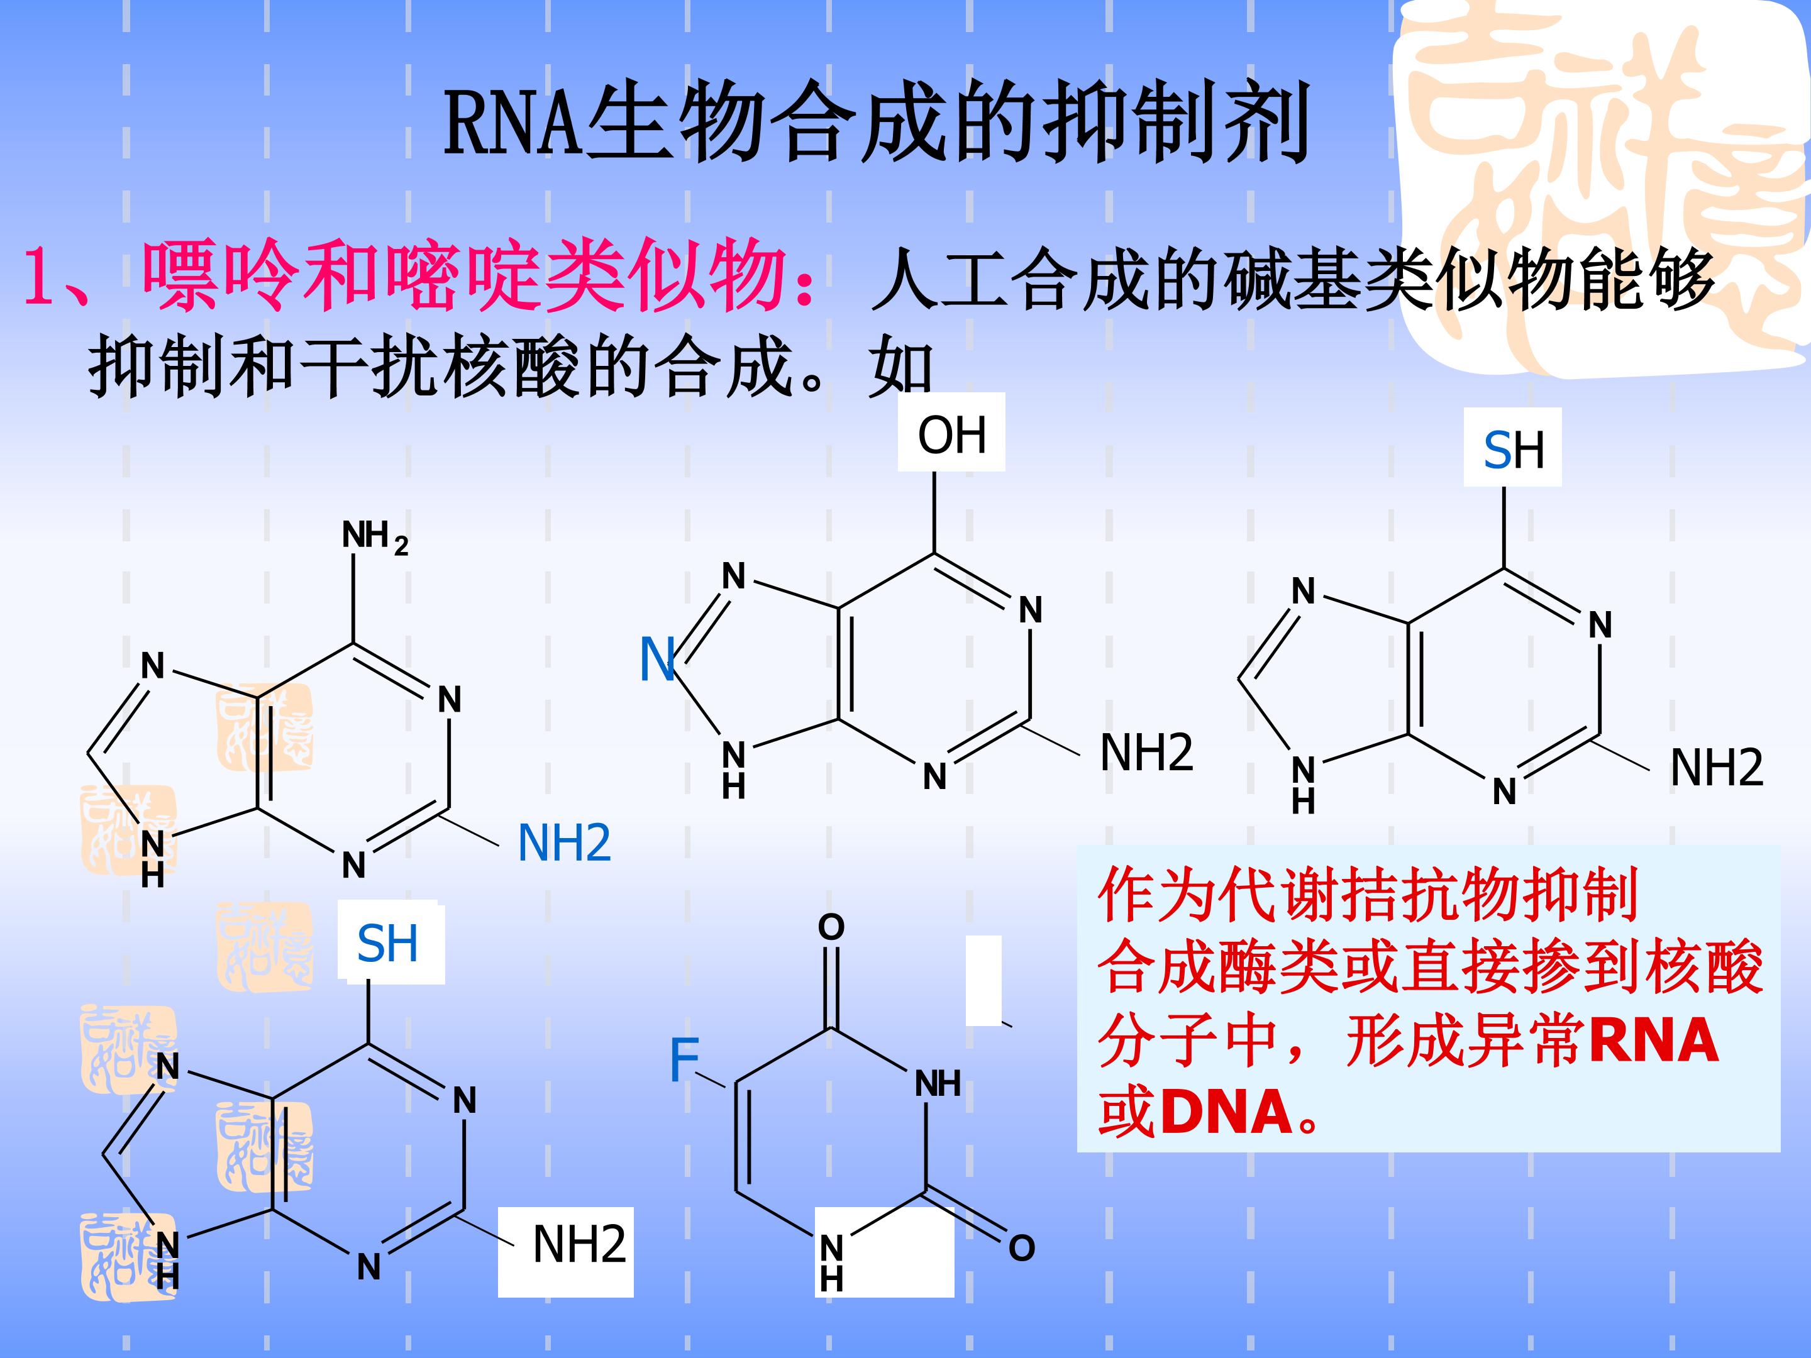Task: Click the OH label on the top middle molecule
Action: (x=951, y=434)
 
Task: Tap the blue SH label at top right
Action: (x=1514, y=450)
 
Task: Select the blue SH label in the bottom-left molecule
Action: (x=387, y=943)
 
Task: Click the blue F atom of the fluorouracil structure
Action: (x=684, y=1059)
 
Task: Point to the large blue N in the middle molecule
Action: (x=657, y=659)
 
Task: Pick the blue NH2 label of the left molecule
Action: (x=564, y=842)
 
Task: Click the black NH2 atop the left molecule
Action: (x=375, y=537)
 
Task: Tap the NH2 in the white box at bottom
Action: (x=580, y=1244)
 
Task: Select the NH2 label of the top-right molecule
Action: (x=1717, y=767)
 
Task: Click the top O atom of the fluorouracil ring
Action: (x=831, y=927)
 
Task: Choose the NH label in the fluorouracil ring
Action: (x=938, y=1084)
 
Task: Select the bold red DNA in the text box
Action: (x=1226, y=1112)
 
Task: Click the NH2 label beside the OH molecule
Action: (x=1146, y=753)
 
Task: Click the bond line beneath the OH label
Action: (x=935, y=512)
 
